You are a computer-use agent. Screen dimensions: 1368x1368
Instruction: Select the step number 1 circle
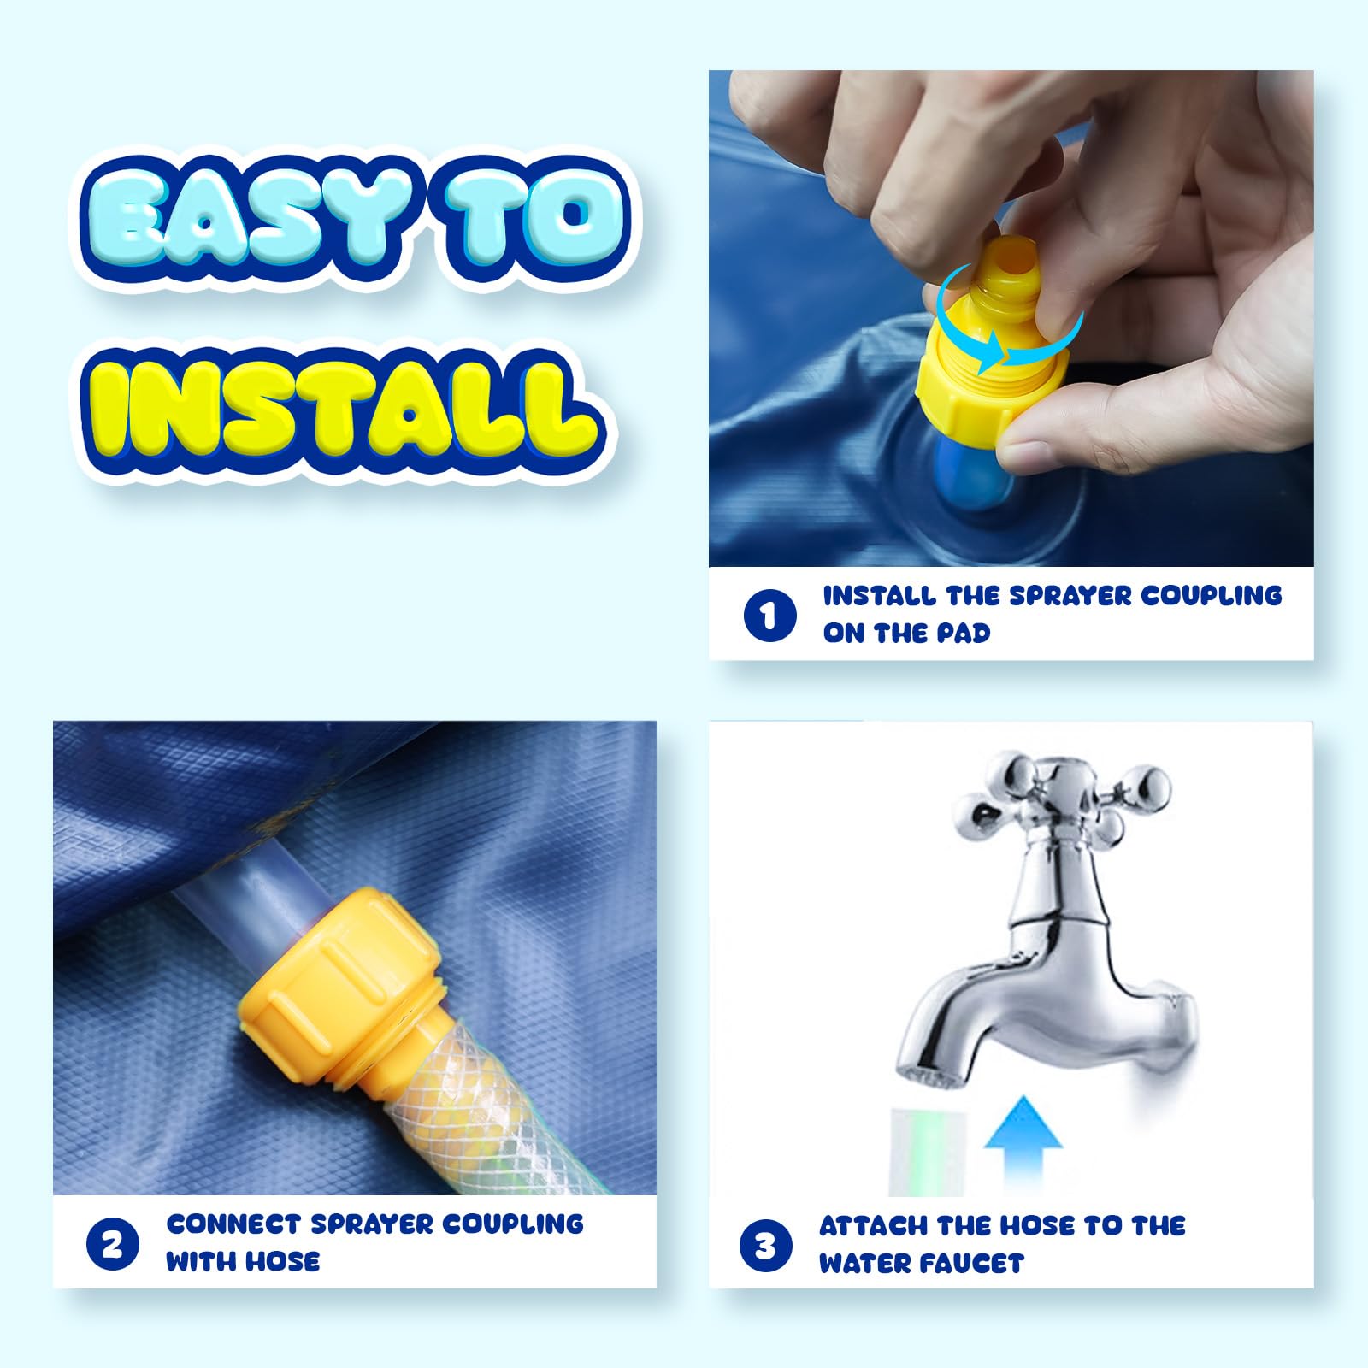tap(769, 615)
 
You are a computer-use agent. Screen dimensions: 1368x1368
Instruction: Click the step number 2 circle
tap(112, 1244)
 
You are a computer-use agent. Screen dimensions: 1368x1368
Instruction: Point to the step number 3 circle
tap(766, 1246)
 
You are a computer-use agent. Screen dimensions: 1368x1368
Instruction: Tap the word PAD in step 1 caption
tap(963, 634)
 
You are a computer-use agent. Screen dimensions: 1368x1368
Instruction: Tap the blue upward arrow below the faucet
tap(1023, 1146)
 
